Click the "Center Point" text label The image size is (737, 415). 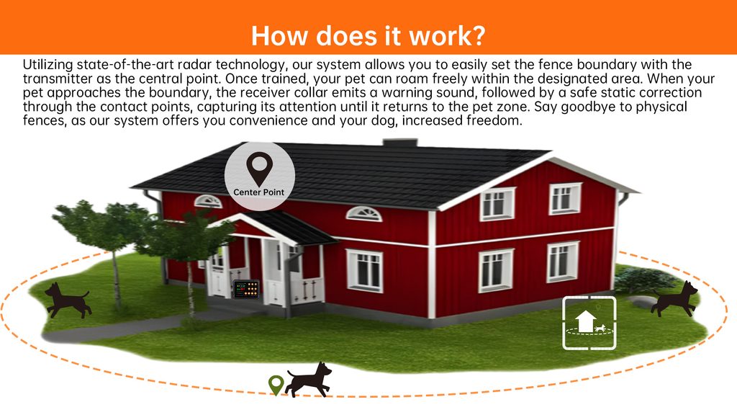(x=259, y=192)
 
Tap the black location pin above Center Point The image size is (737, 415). (x=259, y=169)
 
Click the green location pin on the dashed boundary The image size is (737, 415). (x=276, y=385)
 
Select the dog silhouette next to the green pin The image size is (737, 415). (x=308, y=380)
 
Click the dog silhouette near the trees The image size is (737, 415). (x=68, y=300)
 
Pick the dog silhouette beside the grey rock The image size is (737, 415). (x=674, y=299)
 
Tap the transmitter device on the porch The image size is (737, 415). (x=246, y=288)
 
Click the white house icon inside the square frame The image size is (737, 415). (x=584, y=321)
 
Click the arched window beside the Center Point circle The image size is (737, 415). (x=363, y=213)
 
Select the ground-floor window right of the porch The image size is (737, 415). (x=364, y=270)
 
